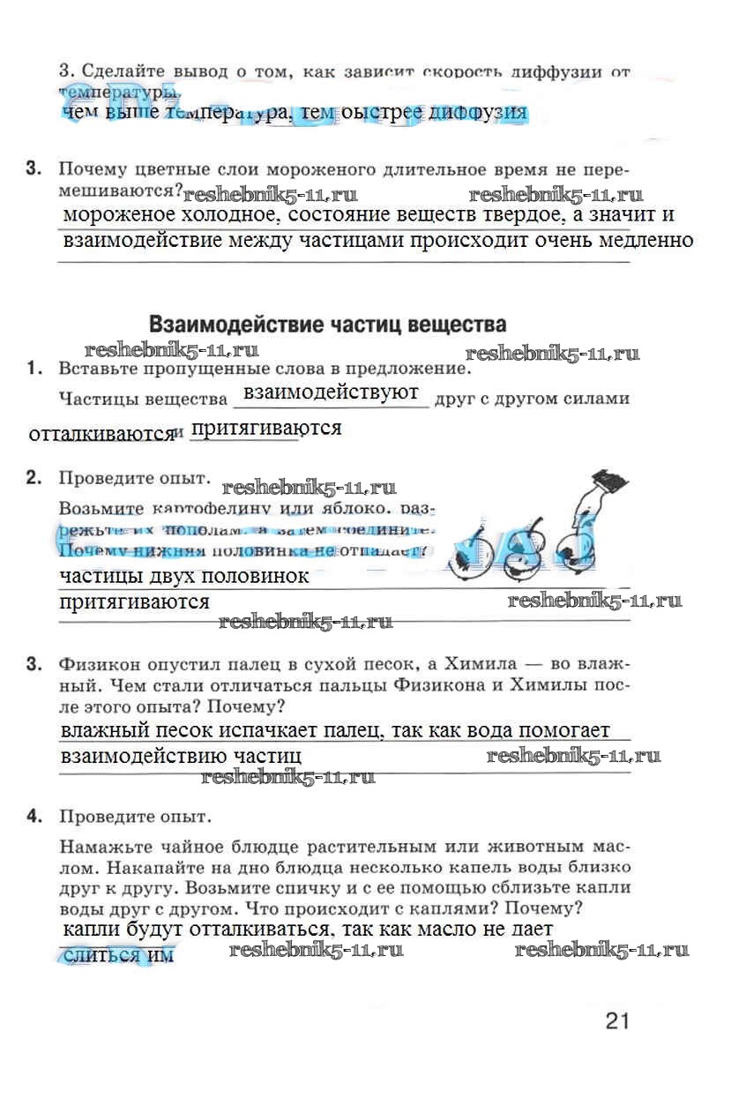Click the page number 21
[x=616, y=1021]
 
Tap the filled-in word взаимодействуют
[x=331, y=392]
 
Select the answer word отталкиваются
[x=101, y=434]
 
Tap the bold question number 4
[x=34, y=817]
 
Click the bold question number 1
[x=34, y=368]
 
